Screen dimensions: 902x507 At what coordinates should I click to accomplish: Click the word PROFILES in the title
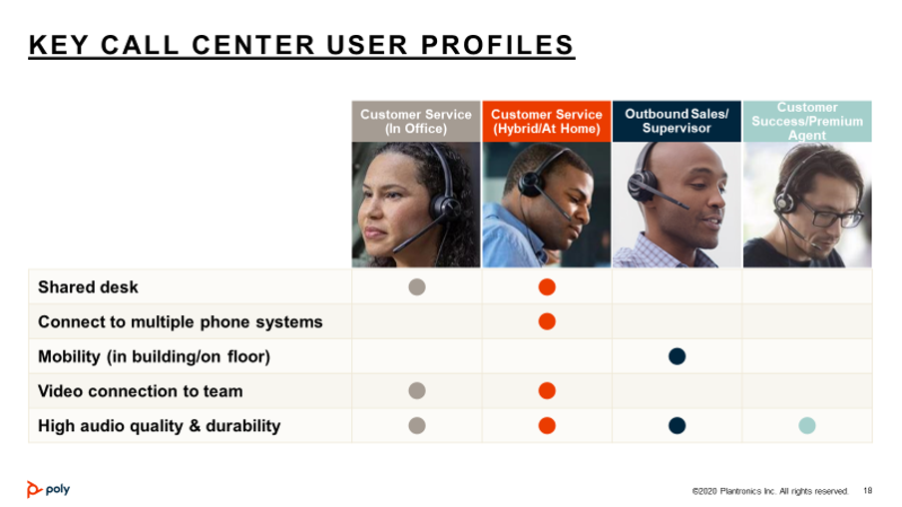tap(498, 45)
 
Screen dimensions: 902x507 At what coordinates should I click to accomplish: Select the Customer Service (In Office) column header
tap(416, 122)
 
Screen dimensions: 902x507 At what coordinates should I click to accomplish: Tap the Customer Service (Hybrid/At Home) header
tap(547, 122)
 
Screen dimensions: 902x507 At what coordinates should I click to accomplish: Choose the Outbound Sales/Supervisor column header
tap(676, 122)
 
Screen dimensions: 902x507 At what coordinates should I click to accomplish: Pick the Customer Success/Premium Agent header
tap(807, 122)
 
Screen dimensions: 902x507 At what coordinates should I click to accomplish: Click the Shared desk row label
tap(88, 287)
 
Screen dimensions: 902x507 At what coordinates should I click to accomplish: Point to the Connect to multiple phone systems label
tap(180, 321)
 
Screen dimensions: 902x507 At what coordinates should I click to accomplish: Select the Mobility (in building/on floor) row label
tap(155, 357)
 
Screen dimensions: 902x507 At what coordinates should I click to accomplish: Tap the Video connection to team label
tap(141, 391)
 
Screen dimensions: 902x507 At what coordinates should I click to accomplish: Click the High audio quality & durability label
tap(160, 426)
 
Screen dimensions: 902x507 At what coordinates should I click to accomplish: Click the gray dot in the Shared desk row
tap(417, 286)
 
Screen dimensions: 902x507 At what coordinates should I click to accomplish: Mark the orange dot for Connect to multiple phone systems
tap(547, 321)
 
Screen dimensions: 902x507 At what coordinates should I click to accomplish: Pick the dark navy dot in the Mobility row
tap(677, 356)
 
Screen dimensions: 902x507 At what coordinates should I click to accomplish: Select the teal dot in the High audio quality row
tap(807, 426)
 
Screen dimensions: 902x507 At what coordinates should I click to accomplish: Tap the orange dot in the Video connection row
tap(547, 391)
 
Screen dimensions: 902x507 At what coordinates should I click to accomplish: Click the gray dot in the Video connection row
tap(417, 391)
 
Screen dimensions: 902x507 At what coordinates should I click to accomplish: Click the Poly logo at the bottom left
tap(48, 489)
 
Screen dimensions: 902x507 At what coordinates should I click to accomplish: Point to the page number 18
tap(867, 491)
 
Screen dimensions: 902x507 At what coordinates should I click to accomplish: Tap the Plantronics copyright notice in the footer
tap(770, 491)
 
